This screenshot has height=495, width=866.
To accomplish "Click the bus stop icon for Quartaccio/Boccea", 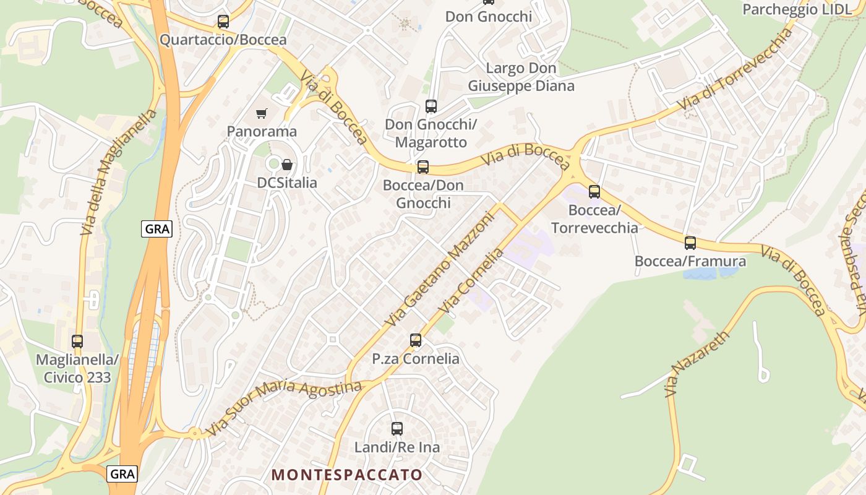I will click(x=223, y=22).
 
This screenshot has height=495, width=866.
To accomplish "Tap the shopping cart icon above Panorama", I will click(x=262, y=113).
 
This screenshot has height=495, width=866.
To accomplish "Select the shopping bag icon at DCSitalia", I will click(x=287, y=165).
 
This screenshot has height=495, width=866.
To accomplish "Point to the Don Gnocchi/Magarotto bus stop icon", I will click(x=431, y=106).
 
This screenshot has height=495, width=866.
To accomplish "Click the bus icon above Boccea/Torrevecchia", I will click(x=594, y=192).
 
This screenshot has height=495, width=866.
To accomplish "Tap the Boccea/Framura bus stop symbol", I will click(x=690, y=243).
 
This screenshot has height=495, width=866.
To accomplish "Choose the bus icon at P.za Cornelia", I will click(x=416, y=340).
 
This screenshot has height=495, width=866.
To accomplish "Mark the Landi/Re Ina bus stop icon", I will click(x=397, y=428).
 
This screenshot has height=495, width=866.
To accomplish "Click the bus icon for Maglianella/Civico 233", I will click(x=77, y=342).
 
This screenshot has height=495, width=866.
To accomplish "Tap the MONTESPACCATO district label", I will click(x=347, y=475).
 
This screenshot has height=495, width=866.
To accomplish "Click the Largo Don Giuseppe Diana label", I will click(x=521, y=77).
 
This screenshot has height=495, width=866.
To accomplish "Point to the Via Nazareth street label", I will click(x=697, y=364).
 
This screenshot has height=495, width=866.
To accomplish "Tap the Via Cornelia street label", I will click(x=471, y=282).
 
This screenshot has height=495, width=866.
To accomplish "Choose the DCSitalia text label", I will click(x=287, y=183).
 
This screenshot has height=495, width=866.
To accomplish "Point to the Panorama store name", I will click(x=262, y=131).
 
